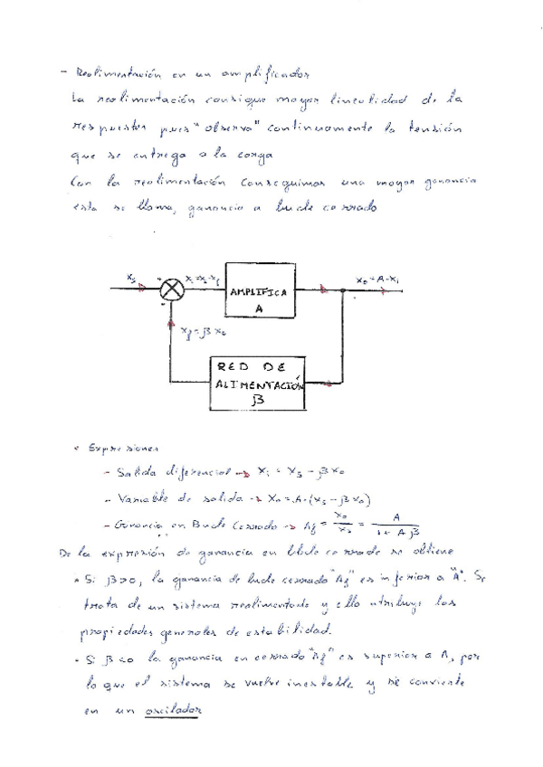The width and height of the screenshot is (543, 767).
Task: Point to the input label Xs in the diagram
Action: point(132,279)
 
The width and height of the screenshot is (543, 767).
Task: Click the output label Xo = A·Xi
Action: point(376,279)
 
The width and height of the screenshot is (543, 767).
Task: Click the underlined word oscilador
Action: point(174,711)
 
